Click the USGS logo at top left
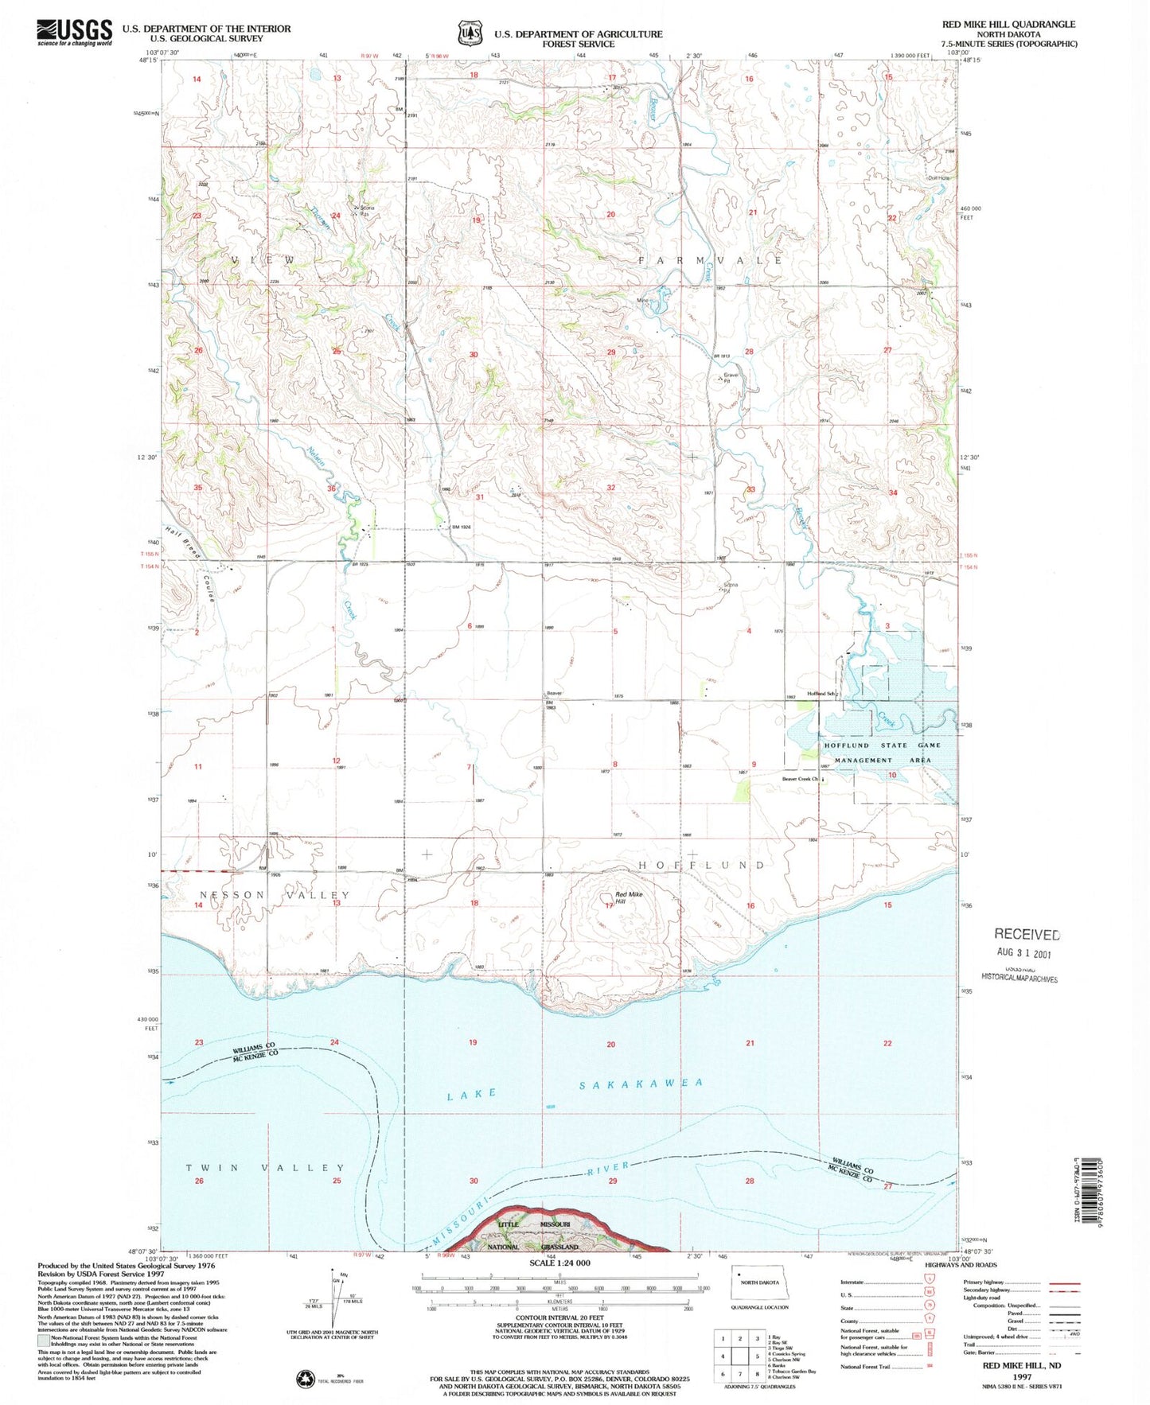(74, 33)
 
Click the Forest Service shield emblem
(470, 34)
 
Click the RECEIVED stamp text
(1027, 935)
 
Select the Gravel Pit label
(731, 377)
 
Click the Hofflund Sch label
(823, 693)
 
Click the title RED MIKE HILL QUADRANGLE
(1008, 25)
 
